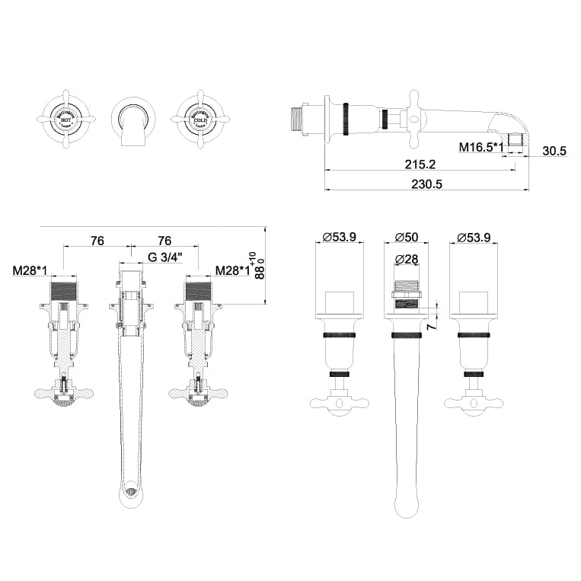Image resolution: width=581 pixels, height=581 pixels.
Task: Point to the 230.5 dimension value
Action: click(x=426, y=184)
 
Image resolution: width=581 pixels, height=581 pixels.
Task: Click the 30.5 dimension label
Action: click(x=554, y=151)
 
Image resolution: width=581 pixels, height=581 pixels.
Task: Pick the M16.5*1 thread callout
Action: click(x=481, y=147)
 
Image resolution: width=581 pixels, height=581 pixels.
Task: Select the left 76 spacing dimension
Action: click(x=97, y=240)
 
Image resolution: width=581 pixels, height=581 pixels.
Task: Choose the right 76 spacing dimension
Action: click(x=165, y=240)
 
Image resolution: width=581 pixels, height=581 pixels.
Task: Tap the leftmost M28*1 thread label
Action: click(x=31, y=270)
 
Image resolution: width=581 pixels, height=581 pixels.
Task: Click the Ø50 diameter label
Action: click(x=406, y=237)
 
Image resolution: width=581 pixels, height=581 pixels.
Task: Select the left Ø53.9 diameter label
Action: click(x=339, y=237)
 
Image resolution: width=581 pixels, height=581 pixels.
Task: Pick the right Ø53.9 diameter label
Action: click(x=474, y=237)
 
